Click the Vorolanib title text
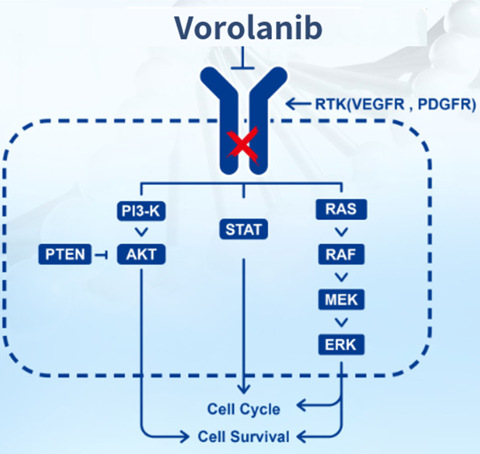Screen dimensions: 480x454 pyautogui.click(x=248, y=28)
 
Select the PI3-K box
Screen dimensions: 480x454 pyautogui.click(x=141, y=211)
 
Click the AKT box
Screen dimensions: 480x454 pyautogui.click(x=141, y=254)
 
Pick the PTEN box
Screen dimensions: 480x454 pyautogui.click(x=65, y=254)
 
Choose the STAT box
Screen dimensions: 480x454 pyautogui.click(x=244, y=229)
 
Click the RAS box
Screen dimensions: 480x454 pyautogui.click(x=341, y=209)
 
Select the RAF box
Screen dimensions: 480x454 pyautogui.click(x=341, y=254)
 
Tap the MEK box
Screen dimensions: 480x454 pyautogui.click(x=341, y=300)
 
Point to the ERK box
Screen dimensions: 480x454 pyautogui.click(x=341, y=345)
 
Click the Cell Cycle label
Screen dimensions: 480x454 pyautogui.click(x=244, y=409)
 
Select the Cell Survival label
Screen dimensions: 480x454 pyautogui.click(x=244, y=436)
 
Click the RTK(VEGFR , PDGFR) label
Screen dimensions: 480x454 pyautogui.click(x=395, y=104)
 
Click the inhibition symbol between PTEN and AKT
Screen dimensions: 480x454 pyautogui.click(x=101, y=255)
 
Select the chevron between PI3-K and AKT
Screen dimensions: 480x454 pyautogui.click(x=141, y=232)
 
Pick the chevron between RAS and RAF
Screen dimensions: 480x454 pyautogui.click(x=341, y=232)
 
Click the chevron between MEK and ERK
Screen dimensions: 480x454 pyautogui.click(x=341, y=322)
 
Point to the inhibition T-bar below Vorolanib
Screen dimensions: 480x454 pyautogui.click(x=243, y=58)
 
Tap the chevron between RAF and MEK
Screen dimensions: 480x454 pyautogui.click(x=341, y=277)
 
